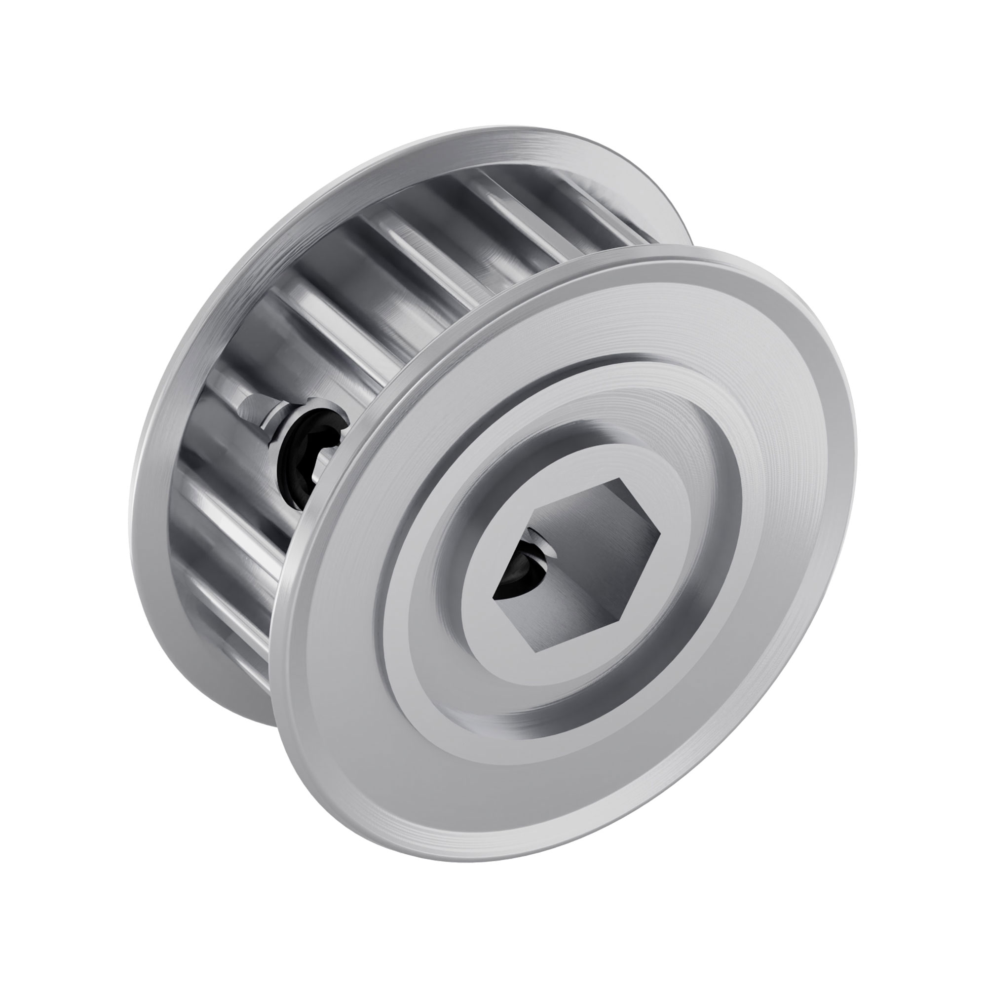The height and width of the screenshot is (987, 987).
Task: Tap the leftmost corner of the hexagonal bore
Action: (493, 596)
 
